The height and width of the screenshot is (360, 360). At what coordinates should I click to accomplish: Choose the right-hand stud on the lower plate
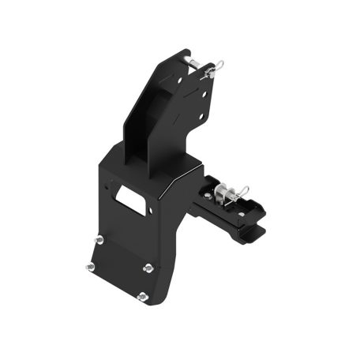point(147,268)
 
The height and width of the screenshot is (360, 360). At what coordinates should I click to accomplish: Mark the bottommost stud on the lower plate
point(142,297)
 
